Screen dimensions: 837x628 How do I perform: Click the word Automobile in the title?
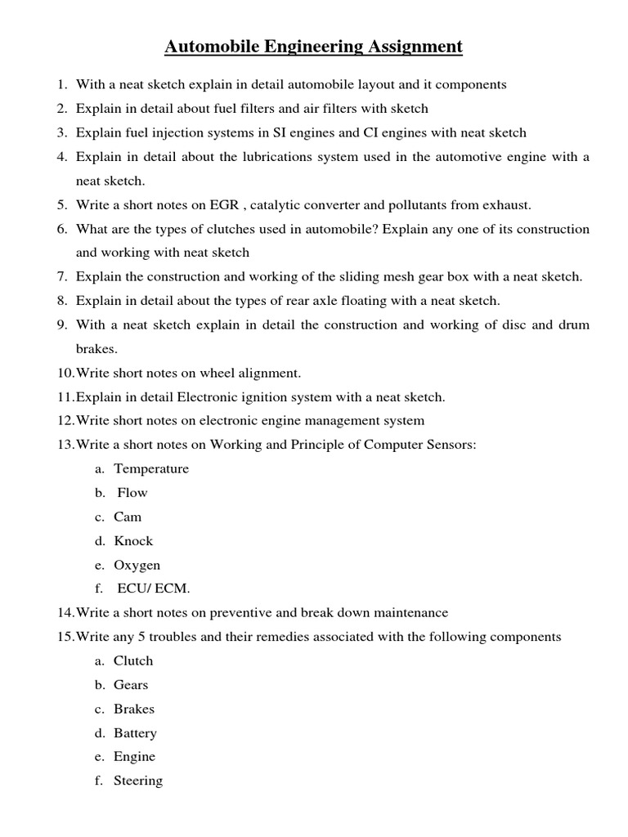coord(211,47)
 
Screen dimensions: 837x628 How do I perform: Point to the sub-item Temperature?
coord(151,468)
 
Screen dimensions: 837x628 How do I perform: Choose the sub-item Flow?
coord(132,493)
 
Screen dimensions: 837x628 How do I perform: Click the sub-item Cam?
coord(128,517)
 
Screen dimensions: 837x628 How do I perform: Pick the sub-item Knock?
coord(133,541)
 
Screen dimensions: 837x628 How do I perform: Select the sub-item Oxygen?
coord(137,565)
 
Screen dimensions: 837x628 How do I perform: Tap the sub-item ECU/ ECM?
coord(154,589)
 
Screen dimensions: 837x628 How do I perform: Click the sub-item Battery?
coord(135,733)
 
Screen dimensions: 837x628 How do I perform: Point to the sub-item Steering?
coord(138,781)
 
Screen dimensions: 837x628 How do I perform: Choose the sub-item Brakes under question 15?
coord(134,709)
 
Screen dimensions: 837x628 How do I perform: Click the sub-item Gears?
coord(131,685)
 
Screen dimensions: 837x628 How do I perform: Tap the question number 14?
coord(65,612)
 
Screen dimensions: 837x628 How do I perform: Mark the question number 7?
coord(62,276)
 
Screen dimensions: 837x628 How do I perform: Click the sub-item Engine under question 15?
coord(134,757)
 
